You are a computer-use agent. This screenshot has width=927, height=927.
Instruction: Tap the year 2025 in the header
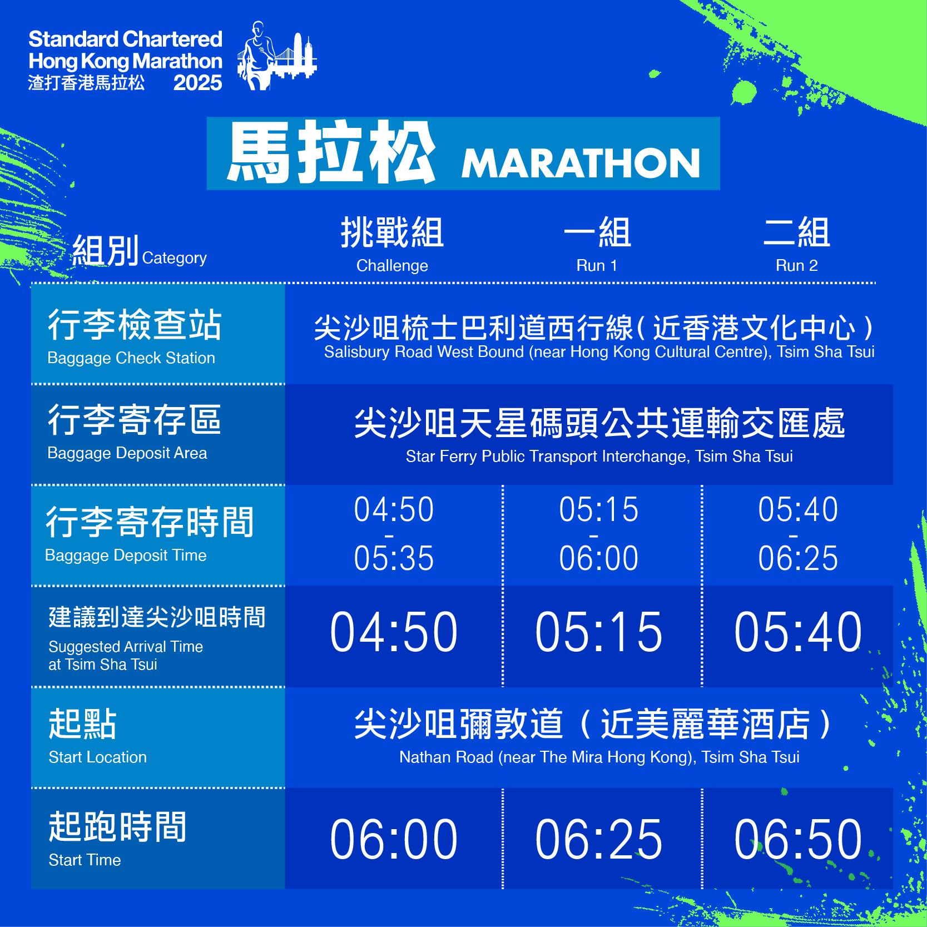coord(197,83)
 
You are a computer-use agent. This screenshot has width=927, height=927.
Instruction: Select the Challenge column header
coord(392,245)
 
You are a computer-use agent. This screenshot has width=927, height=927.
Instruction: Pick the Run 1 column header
coord(597,245)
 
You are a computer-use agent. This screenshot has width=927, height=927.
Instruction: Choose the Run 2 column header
coord(796,245)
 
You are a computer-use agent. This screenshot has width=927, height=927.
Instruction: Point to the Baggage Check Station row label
coord(133,336)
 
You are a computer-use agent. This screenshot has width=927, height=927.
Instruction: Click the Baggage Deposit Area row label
coord(133,432)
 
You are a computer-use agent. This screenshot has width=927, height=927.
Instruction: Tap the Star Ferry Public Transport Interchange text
coord(599,457)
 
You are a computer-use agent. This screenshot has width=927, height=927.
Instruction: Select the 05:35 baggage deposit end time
coord(394,558)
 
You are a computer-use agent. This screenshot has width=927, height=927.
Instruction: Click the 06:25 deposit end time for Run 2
coord(797,558)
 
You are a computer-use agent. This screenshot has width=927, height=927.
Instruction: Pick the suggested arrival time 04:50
coord(394,632)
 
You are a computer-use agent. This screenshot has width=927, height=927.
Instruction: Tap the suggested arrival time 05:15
coord(598,632)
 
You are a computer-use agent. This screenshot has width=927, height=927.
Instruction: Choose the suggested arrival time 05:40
coord(797,632)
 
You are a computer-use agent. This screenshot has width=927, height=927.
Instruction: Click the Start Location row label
coord(97,737)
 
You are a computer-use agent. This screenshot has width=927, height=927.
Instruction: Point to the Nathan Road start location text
coord(599,757)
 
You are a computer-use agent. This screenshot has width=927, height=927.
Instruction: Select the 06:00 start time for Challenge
coord(394,839)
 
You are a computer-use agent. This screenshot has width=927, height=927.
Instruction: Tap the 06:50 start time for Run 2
coord(797,839)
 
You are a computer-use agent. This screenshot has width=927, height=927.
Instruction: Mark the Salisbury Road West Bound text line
coord(599,352)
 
